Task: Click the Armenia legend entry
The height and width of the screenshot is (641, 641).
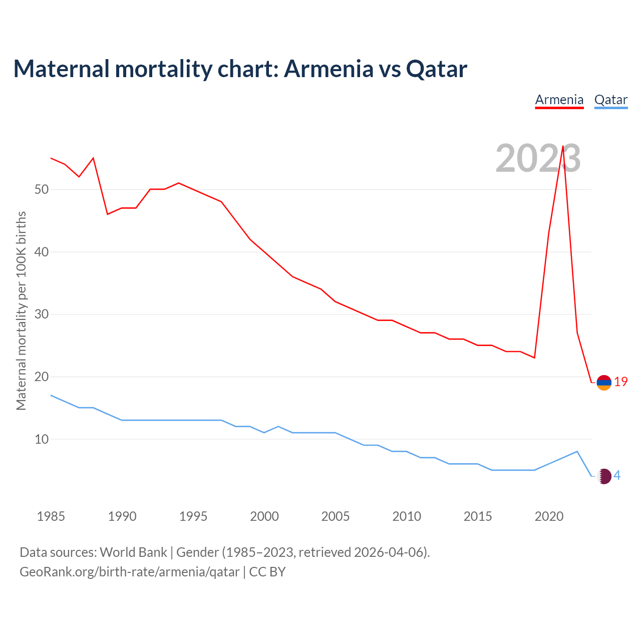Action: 559,100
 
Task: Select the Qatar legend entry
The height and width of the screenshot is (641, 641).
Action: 610,100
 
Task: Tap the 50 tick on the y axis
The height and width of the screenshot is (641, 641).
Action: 42,189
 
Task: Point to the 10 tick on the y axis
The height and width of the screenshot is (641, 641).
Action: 42,439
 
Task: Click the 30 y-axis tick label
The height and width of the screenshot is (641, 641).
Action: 42,314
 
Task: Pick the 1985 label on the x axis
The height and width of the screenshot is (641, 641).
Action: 51,516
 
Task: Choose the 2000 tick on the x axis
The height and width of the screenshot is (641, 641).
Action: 264,516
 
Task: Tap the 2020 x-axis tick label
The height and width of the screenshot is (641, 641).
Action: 549,516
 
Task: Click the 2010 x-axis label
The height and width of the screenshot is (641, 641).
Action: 407,516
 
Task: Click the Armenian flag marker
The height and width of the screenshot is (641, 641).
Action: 604,383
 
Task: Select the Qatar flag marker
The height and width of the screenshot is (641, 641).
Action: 604,476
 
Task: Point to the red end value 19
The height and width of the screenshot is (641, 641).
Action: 621,382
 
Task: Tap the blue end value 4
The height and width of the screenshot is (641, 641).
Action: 617,475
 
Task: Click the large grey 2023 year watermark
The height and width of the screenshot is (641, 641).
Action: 538,158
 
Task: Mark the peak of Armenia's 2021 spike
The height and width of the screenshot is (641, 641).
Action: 563,146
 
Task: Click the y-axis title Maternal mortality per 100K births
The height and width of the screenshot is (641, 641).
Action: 21,311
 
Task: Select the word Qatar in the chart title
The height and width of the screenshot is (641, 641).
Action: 436,69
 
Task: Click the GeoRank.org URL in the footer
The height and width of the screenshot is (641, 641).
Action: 129,572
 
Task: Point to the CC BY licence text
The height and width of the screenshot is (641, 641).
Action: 267,572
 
